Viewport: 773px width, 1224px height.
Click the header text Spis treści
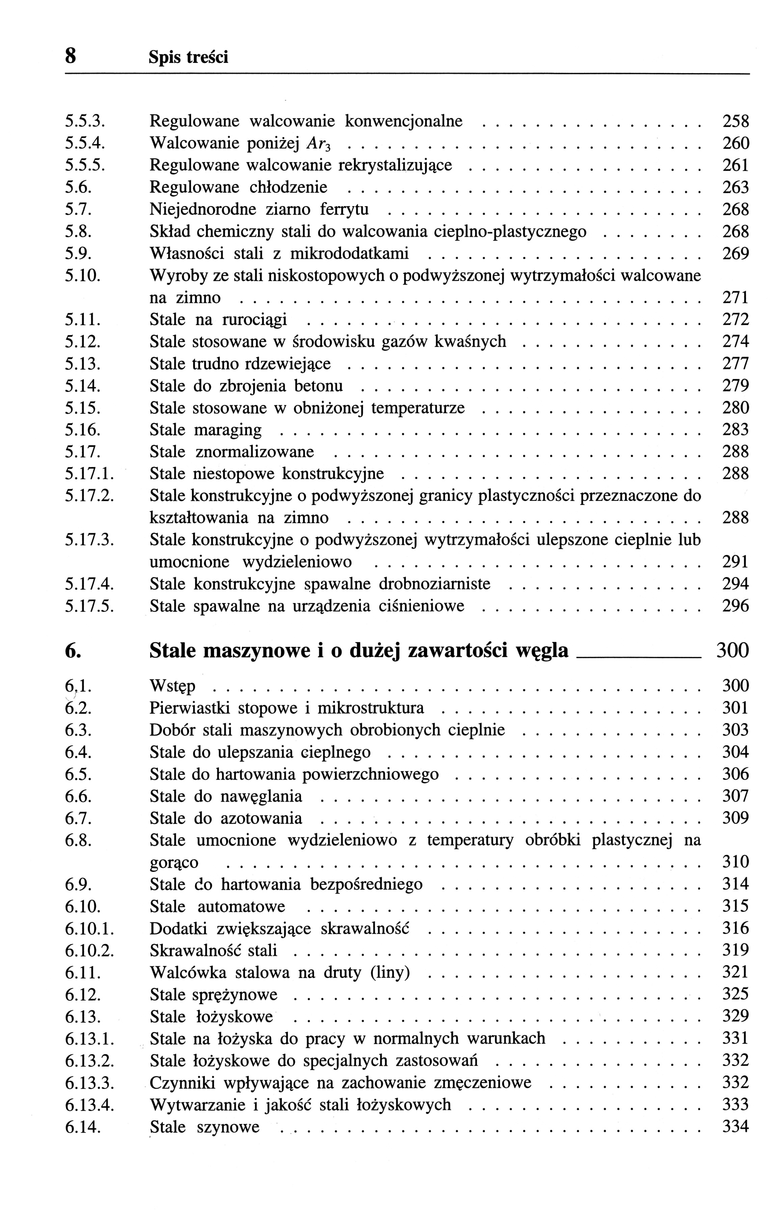click(188, 57)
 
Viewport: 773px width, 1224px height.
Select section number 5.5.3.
click(85, 121)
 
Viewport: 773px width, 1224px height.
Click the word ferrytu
click(344, 210)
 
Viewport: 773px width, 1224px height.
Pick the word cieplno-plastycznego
click(510, 232)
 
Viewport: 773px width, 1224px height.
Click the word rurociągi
click(254, 320)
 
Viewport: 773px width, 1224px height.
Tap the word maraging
click(228, 430)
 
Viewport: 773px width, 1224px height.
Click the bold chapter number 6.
click(72, 651)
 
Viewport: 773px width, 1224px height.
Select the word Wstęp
click(173, 686)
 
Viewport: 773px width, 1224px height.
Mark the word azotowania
click(262, 818)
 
